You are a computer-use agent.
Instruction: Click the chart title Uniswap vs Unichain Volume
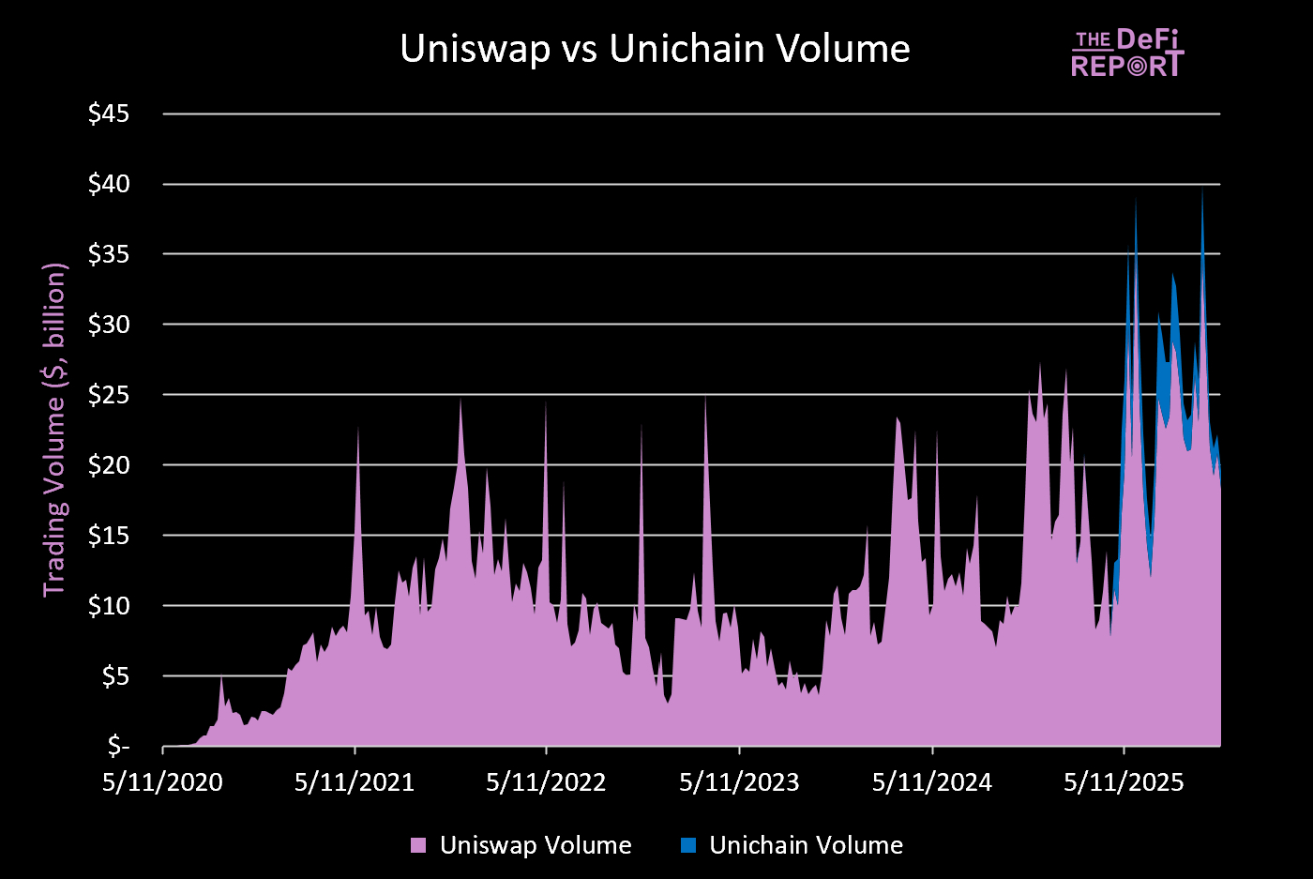coord(655,49)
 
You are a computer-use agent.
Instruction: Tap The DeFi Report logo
coord(1127,53)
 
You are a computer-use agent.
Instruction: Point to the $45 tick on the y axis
coord(109,114)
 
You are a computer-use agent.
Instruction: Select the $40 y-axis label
coord(109,184)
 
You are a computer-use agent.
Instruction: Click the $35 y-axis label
coord(109,254)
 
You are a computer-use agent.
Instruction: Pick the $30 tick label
coord(109,325)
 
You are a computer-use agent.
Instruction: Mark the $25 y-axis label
coord(109,395)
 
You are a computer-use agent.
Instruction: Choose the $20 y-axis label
coord(109,465)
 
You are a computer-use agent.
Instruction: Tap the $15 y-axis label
coord(109,536)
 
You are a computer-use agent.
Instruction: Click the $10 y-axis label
coord(109,606)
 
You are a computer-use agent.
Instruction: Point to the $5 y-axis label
coord(114,676)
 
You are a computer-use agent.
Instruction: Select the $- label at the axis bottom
coord(118,747)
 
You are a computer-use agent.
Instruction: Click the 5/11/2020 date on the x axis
coord(162,782)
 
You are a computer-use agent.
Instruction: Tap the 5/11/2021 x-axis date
coord(355,782)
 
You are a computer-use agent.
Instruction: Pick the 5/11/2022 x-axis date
coord(546,782)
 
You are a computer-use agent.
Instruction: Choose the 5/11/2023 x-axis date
coord(739,782)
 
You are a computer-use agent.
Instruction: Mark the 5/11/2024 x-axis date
coord(931,782)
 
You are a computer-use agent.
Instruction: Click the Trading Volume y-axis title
coord(55,429)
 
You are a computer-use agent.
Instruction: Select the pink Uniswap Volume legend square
coord(418,845)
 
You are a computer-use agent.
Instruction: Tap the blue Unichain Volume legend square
coord(688,845)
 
